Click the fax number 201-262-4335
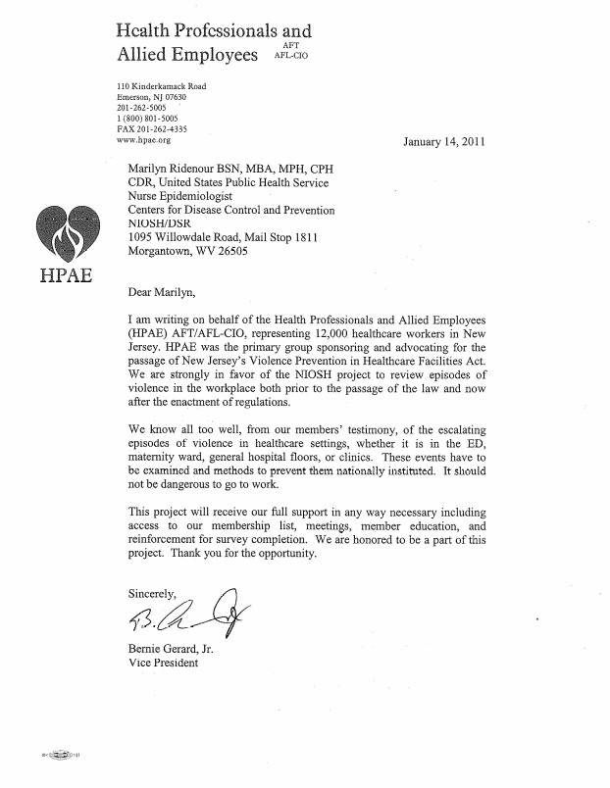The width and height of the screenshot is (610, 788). click(x=151, y=128)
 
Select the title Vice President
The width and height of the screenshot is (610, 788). click(x=164, y=663)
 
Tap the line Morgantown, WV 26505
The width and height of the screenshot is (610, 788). click(x=188, y=250)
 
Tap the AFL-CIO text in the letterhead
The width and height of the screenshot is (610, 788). click(x=294, y=56)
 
